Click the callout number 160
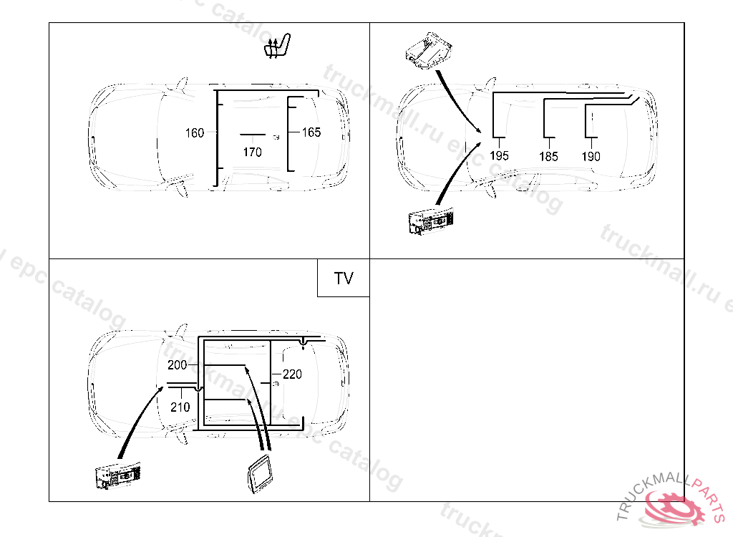tap(195, 133)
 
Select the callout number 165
tap(311, 132)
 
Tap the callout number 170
tap(253, 152)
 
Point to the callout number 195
tap(499, 156)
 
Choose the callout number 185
tap(549, 156)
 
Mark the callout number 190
tap(591, 156)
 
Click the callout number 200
tap(178, 365)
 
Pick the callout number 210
tap(180, 407)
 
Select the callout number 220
tap(292, 374)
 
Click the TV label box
tap(344, 278)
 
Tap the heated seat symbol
tap(277, 46)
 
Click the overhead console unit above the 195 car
tap(429, 51)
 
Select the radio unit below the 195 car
tap(431, 220)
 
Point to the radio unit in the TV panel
tap(118, 475)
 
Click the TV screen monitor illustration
tap(259, 473)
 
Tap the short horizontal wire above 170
tap(253, 135)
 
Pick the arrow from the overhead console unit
tap(457, 101)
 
